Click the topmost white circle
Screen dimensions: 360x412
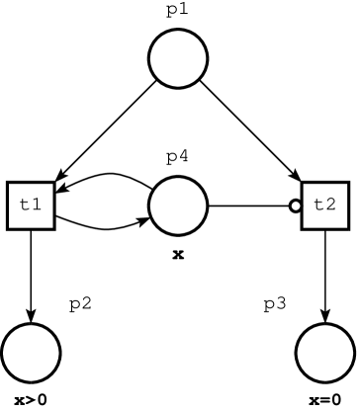click(178, 58)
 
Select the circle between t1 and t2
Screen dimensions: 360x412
click(178, 206)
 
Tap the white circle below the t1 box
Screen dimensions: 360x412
click(31, 353)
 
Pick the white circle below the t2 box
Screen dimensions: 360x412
click(325, 353)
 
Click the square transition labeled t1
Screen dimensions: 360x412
click(31, 206)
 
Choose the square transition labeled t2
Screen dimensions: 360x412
click(325, 206)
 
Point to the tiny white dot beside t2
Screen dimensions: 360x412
click(295, 206)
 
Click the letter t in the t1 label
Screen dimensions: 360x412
click(25, 206)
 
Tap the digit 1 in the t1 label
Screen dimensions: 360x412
click(37, 206)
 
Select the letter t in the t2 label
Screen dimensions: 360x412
click(318, 206)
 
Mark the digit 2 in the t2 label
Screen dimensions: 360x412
click(331, 206)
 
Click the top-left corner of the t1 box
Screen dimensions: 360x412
click(10, 185)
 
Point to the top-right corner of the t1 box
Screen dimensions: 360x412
click(51, 185)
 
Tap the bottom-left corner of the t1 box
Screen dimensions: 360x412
click(10, 226)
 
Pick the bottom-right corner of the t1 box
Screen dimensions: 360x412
click(51, 226)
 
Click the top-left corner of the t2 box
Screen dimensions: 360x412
click(305, 185)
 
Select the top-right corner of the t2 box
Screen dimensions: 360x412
click(346, 185)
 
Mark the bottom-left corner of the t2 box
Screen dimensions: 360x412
click(305, 226)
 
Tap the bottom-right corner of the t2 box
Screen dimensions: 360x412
click(346, 226)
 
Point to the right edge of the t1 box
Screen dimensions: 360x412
click(51, 206)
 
